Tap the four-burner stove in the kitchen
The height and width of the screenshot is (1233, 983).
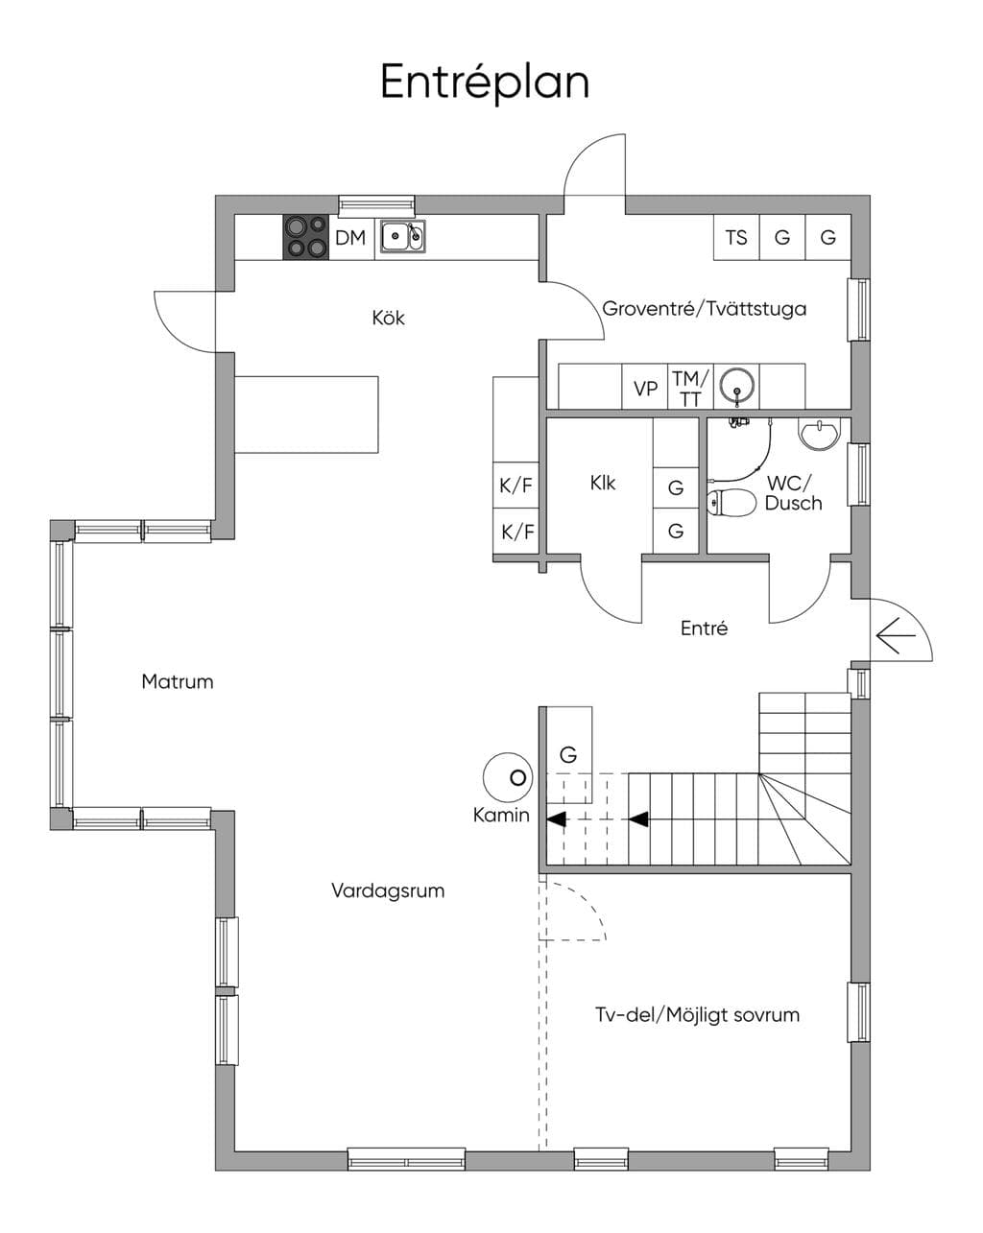305,237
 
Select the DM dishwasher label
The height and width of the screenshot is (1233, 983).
349,237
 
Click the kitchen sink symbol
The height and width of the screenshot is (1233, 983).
403,236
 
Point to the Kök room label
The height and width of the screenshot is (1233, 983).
388,318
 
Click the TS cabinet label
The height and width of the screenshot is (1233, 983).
736,237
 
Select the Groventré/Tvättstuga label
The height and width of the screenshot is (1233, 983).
704,309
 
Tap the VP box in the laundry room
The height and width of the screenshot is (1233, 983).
645,389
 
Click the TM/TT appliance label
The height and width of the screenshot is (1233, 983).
690,389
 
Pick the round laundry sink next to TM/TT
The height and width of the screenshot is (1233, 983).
736,385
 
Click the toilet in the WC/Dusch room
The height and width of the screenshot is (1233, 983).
731,503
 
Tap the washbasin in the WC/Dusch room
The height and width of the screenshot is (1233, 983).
820,434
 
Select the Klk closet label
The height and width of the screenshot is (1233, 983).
603,483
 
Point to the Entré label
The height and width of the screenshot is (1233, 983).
704,628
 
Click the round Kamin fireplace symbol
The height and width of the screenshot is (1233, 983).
509,777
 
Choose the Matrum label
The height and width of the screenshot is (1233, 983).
177,681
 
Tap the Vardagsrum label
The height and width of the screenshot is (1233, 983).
388,890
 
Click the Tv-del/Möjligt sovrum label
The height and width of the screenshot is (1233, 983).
697,1014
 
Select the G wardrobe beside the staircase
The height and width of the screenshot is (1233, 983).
568,754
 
